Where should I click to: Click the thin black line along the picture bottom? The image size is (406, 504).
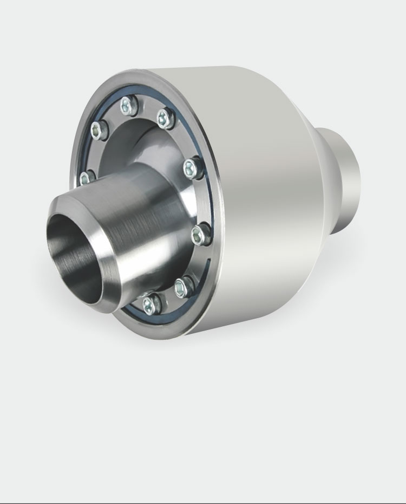tap(203, 502)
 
